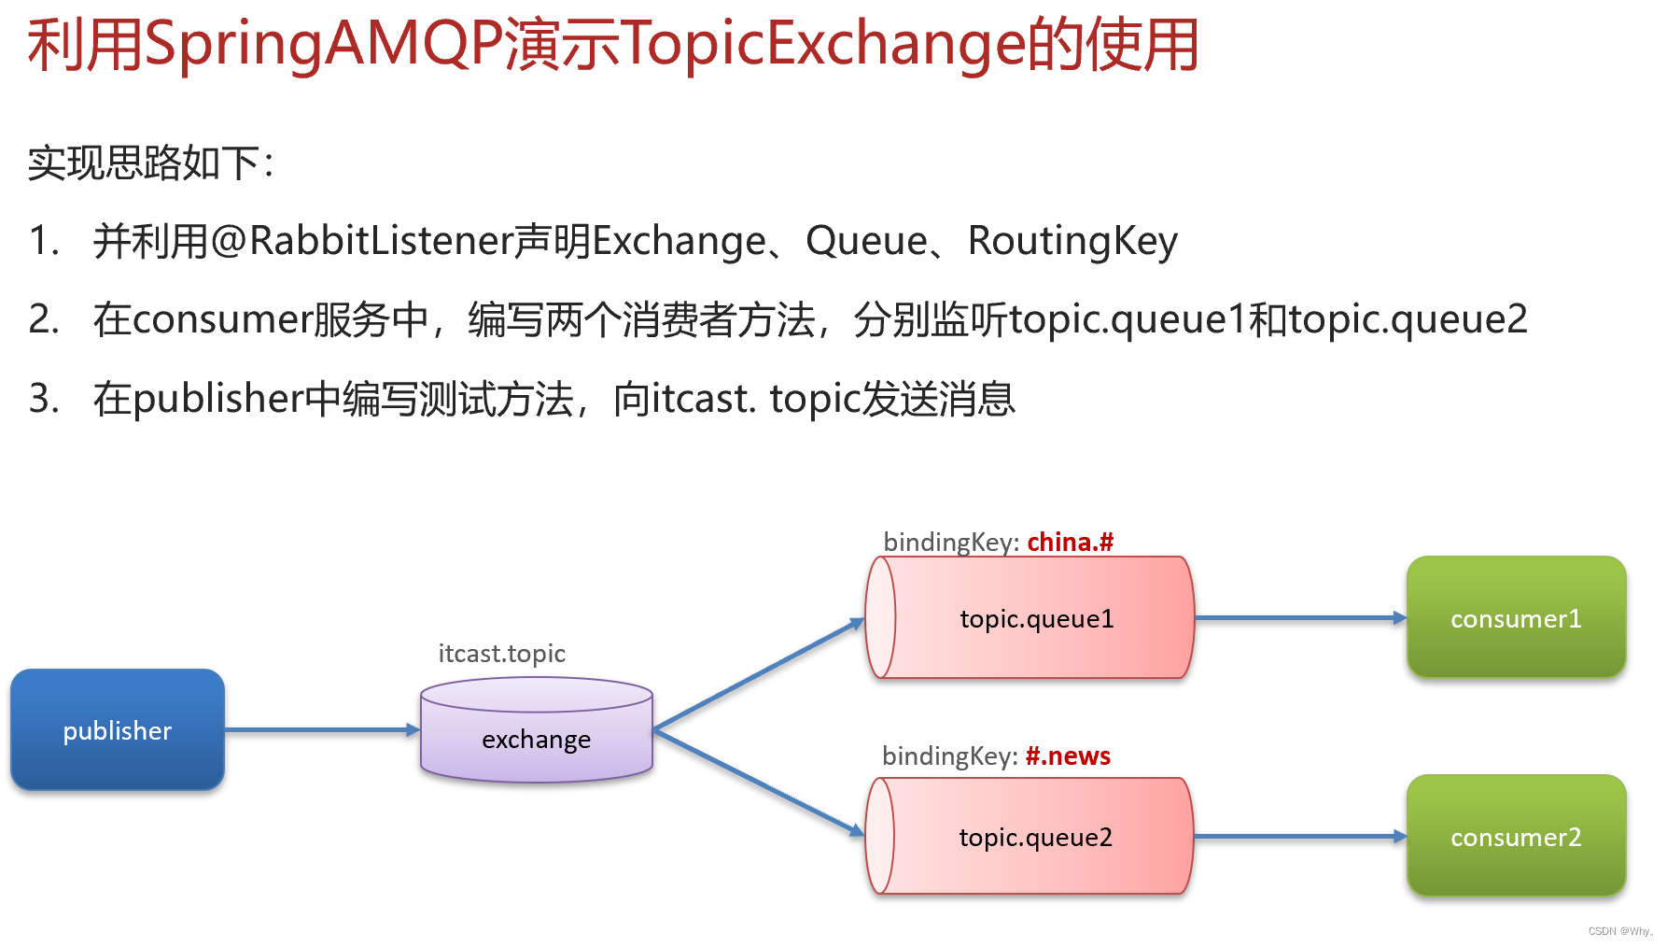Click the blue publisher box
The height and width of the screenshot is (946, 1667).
118,729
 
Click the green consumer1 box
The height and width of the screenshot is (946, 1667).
1516,618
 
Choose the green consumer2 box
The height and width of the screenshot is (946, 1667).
1516,837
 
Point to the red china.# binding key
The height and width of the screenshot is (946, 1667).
1070,543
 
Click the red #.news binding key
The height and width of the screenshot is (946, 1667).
1068,756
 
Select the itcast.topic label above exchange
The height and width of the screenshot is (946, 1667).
502,654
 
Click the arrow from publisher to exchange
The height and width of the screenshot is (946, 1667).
322,729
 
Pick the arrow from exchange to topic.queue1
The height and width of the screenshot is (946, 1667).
758,674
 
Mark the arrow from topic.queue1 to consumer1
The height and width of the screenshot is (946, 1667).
1300,618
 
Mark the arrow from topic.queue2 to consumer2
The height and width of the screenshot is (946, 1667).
1300,837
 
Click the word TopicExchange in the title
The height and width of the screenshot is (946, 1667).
822,45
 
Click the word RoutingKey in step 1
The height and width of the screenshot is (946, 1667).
1072,241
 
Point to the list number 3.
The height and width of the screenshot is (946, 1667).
43,399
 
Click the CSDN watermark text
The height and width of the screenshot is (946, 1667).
1619,931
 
